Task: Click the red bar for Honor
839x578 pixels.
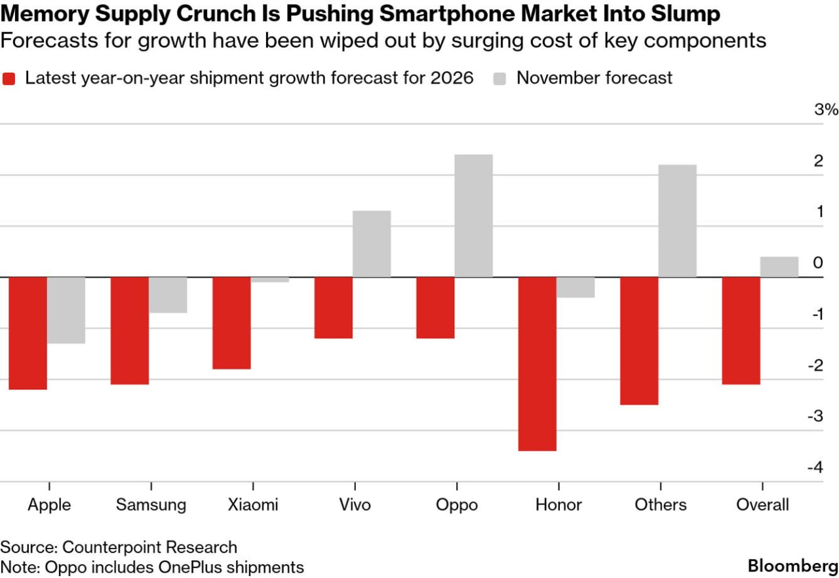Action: [537, 364]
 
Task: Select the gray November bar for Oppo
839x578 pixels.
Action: [473, 216]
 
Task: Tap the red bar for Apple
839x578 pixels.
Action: [28, 333]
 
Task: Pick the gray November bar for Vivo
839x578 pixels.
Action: [372, 244]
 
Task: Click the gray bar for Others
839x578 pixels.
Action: [677, 221]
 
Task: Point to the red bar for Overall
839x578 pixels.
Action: [741, 330]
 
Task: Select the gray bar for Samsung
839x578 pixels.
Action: [168, 295]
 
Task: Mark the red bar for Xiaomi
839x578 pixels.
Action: [231, 322]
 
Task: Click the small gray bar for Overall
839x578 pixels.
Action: [779, 267]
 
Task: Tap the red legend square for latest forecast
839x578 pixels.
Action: [9, 78]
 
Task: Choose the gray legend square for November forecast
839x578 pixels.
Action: [500, 78]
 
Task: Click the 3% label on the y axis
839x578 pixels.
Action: [826, 109]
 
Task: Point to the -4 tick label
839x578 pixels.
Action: [815, 467]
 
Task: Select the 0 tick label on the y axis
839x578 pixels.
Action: [817, 263]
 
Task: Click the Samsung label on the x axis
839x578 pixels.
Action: [151, 505]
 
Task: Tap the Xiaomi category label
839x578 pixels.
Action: [252, 505]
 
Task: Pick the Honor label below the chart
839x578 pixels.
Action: [558, 505]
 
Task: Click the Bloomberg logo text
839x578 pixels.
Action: [793, 565]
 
